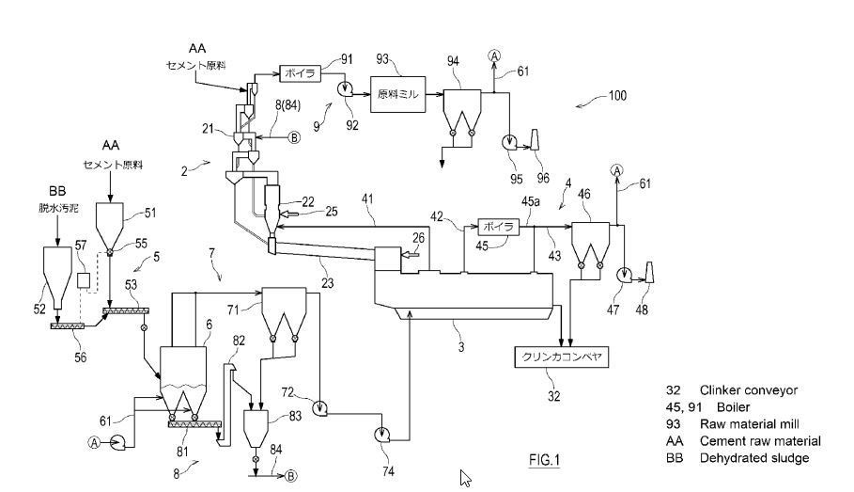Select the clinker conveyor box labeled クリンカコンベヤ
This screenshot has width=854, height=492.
click(x=562, y=357)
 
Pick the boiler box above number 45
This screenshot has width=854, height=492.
click(x=498, y=227)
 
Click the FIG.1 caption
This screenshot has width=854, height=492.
click(x=544, y=460)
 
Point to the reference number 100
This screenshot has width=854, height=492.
click(x=616, y=96)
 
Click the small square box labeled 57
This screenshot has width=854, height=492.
click(x=83, y=279)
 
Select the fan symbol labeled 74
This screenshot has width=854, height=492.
click(x=383, y=434)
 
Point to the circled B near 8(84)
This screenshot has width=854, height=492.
click(x=294, y=137)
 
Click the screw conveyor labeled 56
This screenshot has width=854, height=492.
click(x=67, y=325)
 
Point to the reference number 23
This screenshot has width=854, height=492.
click(x=328, y=279)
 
